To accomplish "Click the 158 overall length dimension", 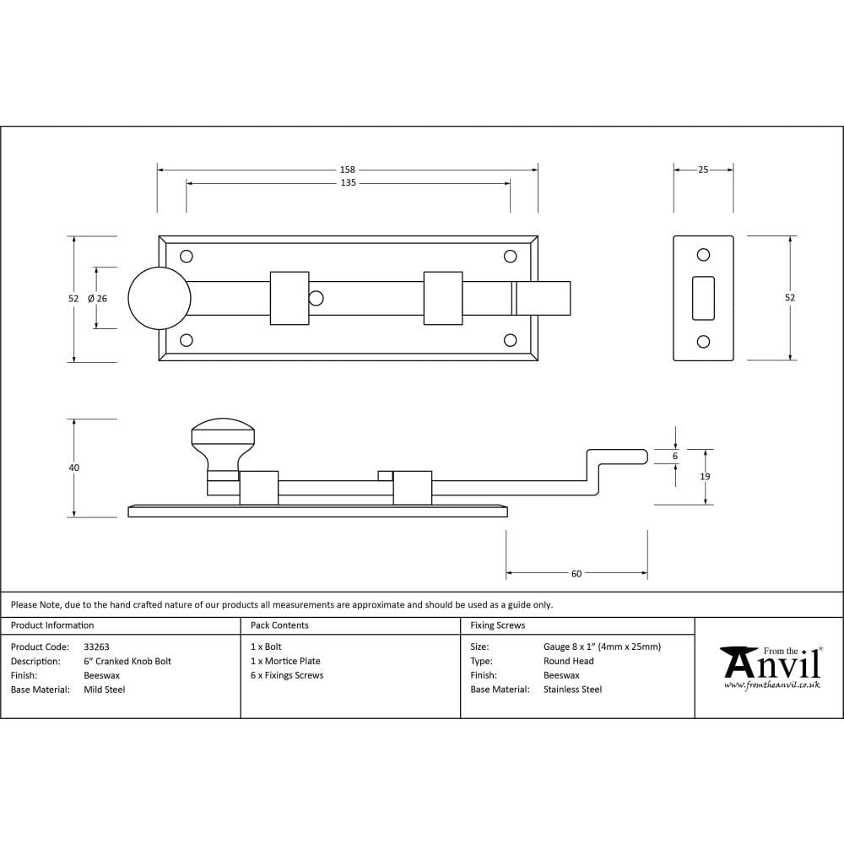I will (348, 170).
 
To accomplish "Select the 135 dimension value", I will (348, 183).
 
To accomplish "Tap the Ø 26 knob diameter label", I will (97, 298).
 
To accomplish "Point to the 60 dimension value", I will (576, 574).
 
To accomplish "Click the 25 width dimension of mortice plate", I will (703, 170).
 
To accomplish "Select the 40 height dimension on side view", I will (74, 468).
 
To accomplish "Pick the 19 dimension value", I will (705, 477).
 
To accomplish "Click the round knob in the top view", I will (159, 298).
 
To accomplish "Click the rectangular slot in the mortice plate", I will (703, 298).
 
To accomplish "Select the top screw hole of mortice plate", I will (703, 255).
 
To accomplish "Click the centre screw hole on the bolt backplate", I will (316, 298).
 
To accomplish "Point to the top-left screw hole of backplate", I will (187, 256).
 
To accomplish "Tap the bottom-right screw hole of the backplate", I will (510, 340).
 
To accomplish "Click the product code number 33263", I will (97, 647).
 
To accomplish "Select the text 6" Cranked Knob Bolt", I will (127, 662).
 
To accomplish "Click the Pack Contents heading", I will (279, 625).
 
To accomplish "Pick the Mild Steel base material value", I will (105, 690).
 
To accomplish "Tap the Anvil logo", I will (772, 667).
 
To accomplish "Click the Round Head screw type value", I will (569, 662).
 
